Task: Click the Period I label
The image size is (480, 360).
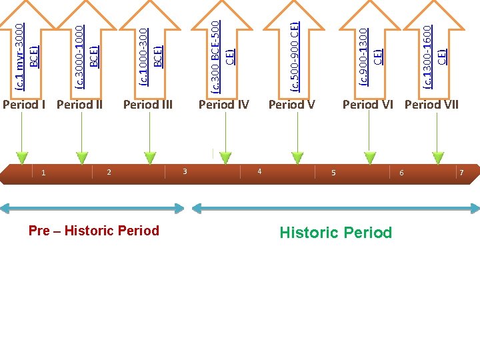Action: coord(24,105)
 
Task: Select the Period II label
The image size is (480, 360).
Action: coord(79,105)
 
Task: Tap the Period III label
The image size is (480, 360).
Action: coord(148,105)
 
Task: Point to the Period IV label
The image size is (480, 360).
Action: coord(224,105)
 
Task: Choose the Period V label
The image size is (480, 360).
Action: coord(291,105)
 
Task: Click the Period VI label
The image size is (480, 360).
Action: coord(368,105)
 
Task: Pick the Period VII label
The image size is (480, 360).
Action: coord(432,105)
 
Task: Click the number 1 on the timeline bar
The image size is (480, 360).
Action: coord(43,173)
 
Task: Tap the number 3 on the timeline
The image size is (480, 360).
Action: coord(185,172)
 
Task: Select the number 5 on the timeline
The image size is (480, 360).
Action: coord(333,173)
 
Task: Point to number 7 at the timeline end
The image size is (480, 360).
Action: coord(461,173)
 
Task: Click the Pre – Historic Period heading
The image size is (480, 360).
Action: coord(94,231)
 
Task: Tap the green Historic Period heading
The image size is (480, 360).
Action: coord(335,233)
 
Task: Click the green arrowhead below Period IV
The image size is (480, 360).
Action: coord(226,158)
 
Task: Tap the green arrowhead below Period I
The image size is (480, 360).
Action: coord(23,158)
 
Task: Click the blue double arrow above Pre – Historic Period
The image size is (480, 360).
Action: coord(92,209)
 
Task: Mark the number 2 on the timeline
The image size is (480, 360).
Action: coord(109,173)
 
